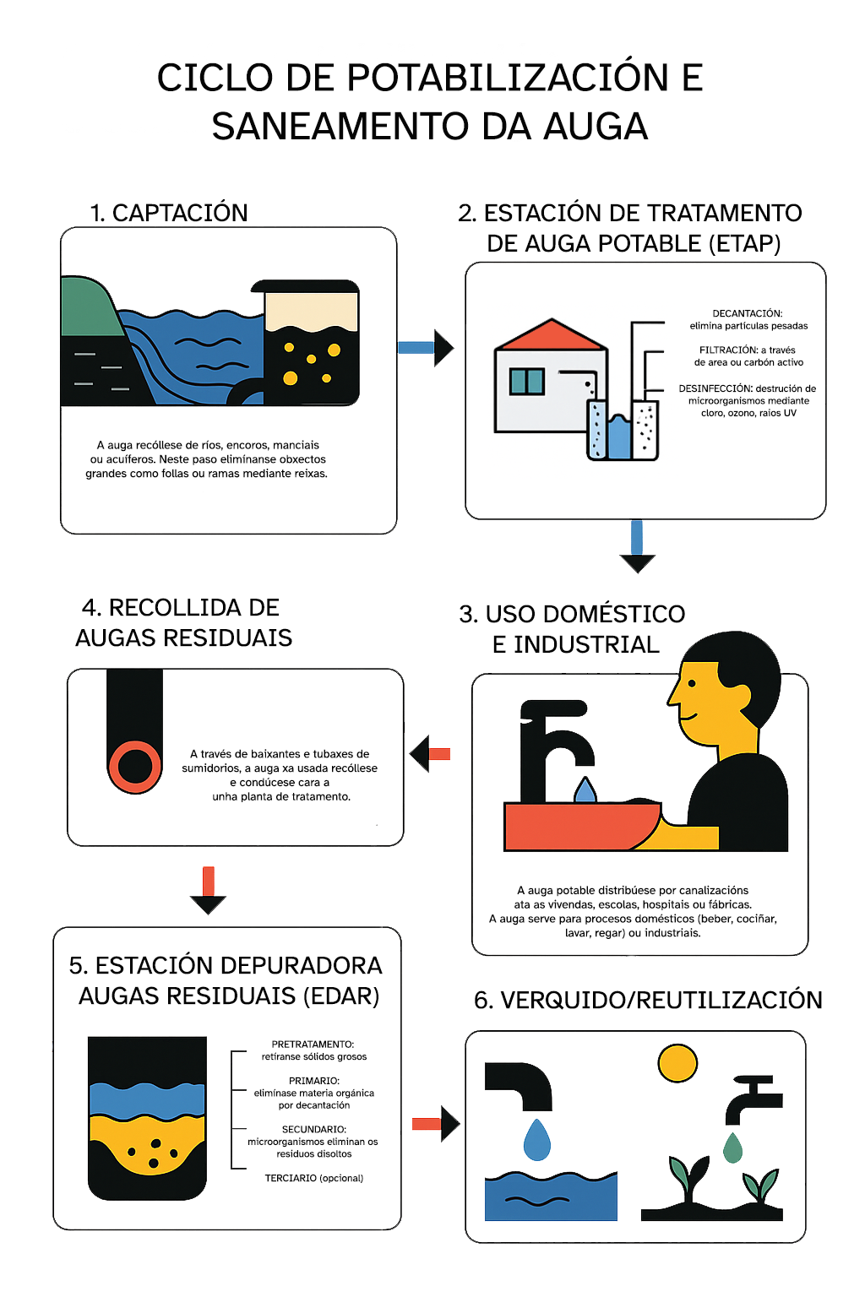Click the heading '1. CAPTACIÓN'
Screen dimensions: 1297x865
(169, 213)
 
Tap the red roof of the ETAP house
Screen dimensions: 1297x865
(551, 336)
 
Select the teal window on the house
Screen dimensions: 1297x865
(526, 382)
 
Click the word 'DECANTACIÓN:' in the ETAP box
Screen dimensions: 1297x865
(747, 313)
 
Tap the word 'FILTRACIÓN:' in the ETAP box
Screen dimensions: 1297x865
(728, 350)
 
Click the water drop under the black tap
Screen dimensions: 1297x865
(585, 790)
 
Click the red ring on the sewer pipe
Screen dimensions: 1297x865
(134, 766)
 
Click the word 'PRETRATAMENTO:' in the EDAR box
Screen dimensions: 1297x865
(313, 1045)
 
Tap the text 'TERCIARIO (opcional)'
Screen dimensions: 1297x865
(313, 1178)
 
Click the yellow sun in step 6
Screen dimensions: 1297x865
(677, 1063)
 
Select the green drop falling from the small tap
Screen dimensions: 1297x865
(732, 1148)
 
